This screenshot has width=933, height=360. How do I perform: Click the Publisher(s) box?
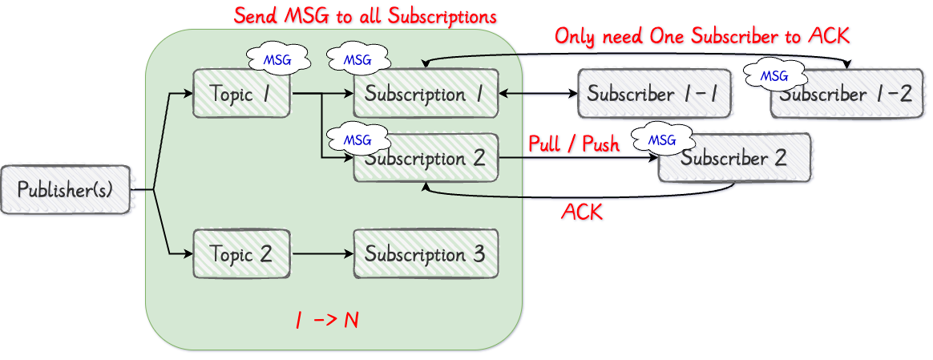[x=66, y=190]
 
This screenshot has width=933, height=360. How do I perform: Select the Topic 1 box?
[x=240, y=94]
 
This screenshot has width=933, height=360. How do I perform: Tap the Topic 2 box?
[x=240, y=254]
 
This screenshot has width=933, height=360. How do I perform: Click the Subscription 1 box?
[x=426, y=94]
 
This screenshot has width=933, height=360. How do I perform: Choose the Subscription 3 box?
[x=426, y=254]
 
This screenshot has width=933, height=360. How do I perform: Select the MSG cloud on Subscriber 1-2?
[x=774, y=76]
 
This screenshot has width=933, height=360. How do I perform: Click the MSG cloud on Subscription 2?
[x=357, y=140]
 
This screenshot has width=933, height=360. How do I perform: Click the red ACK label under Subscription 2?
[x=582, y=212]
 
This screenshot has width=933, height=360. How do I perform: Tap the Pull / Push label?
[x=574, y=144]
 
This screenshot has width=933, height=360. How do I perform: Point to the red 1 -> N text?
[x=327, y=320]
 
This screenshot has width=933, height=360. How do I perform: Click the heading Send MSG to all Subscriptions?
[x=365, y=15]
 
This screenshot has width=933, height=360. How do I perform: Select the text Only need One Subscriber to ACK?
[x=702, y=35]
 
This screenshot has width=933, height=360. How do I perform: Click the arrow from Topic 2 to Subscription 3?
[x=322, y=254]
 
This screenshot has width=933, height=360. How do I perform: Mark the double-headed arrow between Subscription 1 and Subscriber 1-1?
[x=538, y=94]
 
